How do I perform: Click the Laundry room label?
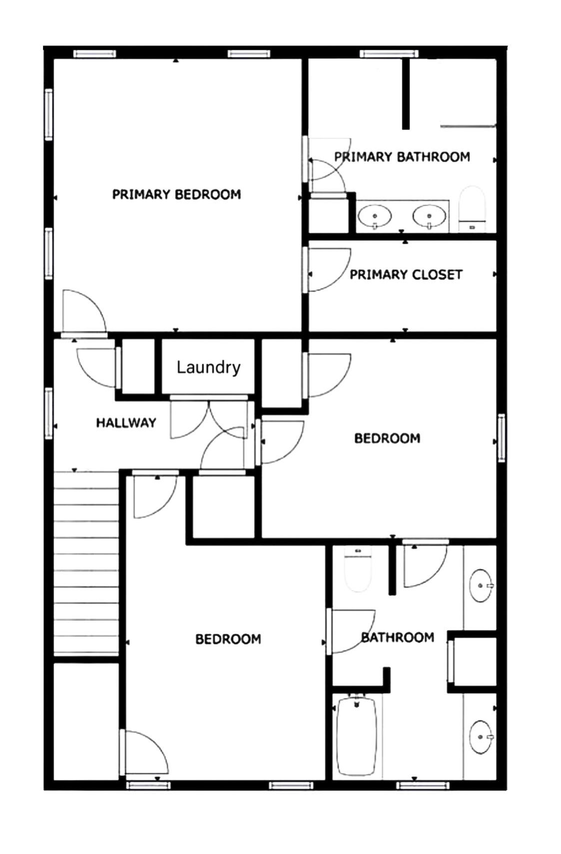(x=208, y=368)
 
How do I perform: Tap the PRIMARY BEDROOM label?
(x=176, y=194)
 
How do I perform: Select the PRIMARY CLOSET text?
(x=406, y=275)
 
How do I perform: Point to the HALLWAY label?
(x=126, y=423)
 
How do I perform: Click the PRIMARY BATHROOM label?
(x=402, y=157)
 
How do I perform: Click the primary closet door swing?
(x=327, y=270)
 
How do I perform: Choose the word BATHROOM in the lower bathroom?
(x=398, y=637)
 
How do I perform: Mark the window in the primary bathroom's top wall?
(x=389, y=53)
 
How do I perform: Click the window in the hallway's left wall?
(x=48, y=414)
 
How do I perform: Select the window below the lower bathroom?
(x=423, y=785)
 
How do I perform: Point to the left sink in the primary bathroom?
(x=374, y=216)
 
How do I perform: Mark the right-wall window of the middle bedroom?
(x=501, y=438)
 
